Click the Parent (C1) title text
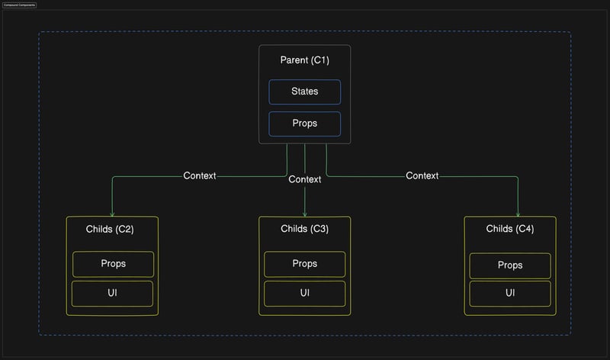tap(304, 59)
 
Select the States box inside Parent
tap(304, 92)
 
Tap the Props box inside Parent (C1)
tap(304, 124)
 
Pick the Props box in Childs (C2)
tap(113, 264)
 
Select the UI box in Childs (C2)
tap(113, 293)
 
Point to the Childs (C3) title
tap(304, 229)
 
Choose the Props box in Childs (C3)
tap(304, 264)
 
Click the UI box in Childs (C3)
tap(304, 293)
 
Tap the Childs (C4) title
tap(510, 229)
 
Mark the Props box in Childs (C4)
tap(510, 265)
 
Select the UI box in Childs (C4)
tap(510, 293)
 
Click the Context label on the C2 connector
tap(200, 176)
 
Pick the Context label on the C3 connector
tap(305, 180)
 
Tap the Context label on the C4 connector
tap(422, 176)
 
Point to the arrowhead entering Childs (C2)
tap(112, 214)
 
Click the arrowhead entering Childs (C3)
tap(305, 214)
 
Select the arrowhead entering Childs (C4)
tap(518, 214)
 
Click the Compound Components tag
tap(19, 5)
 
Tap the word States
tap(304, 92)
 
